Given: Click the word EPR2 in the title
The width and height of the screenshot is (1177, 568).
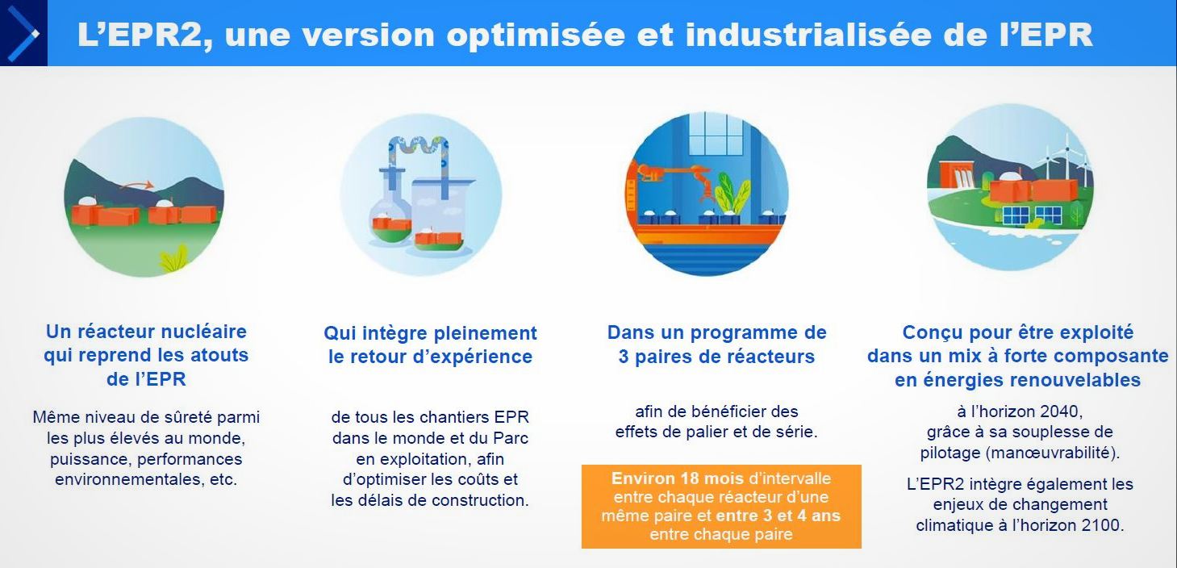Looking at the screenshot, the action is pos(145,35).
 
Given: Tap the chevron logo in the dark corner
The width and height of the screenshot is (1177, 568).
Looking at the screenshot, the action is pos(23,33).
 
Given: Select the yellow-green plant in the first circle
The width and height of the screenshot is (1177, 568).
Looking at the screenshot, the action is pos(174,258).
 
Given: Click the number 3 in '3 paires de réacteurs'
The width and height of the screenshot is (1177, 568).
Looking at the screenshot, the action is pos(623,357).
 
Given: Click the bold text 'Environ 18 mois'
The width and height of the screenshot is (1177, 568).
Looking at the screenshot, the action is pos(678,478).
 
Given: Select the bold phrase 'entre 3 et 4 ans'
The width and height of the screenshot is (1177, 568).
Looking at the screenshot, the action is pos(778,516).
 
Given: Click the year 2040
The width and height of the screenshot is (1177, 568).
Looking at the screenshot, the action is pos(1058,411).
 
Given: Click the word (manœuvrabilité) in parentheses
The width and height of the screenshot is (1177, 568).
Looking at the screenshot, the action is pos(1053,453).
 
